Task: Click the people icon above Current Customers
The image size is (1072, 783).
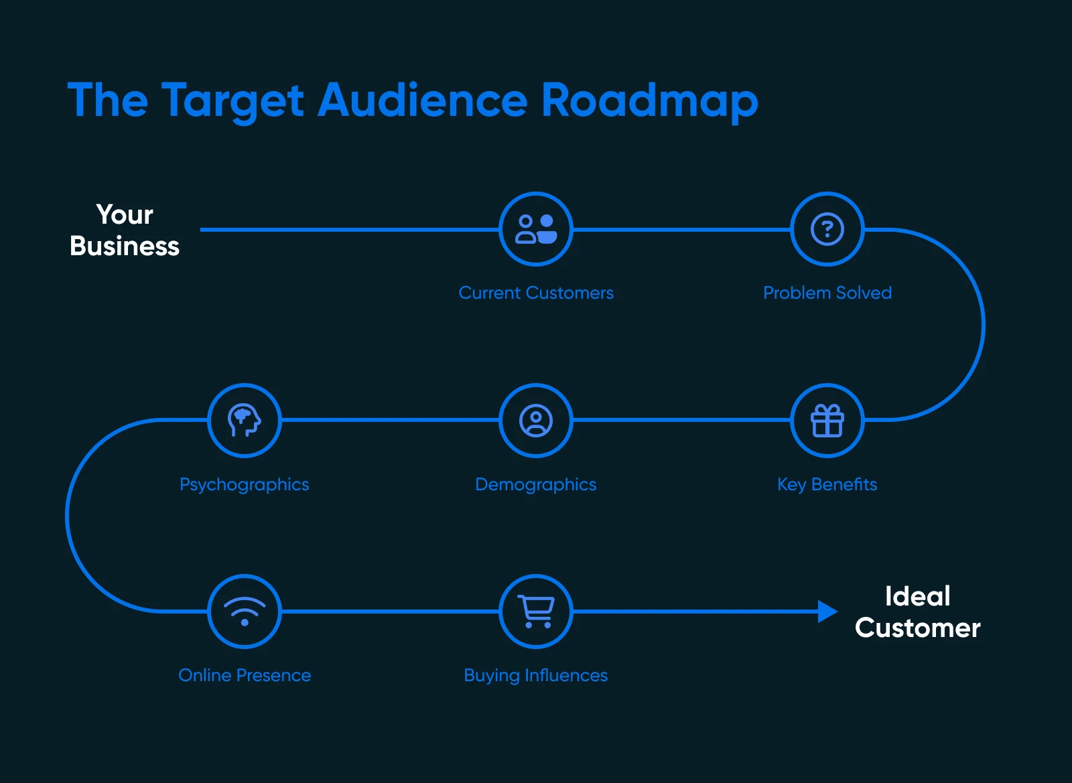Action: tap(536, 229)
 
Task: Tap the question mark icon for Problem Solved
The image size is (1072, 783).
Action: tap(827, 229)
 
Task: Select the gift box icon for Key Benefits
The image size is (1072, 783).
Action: tap(827, 421)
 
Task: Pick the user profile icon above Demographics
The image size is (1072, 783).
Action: tap(536, 421)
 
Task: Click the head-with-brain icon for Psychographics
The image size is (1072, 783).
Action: tap(245, 421)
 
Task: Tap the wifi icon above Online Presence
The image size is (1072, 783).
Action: tap(245, 612)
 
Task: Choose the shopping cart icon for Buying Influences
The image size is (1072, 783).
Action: tap(536, 612)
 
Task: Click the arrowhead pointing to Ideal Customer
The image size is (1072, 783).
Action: tap(828, 612)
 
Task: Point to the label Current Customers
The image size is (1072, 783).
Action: tap(536, 293)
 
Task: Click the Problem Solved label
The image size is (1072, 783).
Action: tap(827, 293)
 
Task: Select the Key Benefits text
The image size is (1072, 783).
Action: tap(827, 484)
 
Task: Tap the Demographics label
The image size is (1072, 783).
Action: tap(536, 484)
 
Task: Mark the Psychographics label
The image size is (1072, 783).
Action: tap(245, 484)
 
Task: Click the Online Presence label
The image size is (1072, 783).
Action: tap(245, 675)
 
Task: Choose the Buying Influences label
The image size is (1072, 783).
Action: tap(536, 675)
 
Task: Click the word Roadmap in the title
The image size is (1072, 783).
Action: tap(649, 100)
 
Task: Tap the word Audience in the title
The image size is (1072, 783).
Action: tap(423, 100)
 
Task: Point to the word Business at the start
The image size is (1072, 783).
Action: tap(125, 246)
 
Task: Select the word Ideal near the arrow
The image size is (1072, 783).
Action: tap(917, 596)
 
